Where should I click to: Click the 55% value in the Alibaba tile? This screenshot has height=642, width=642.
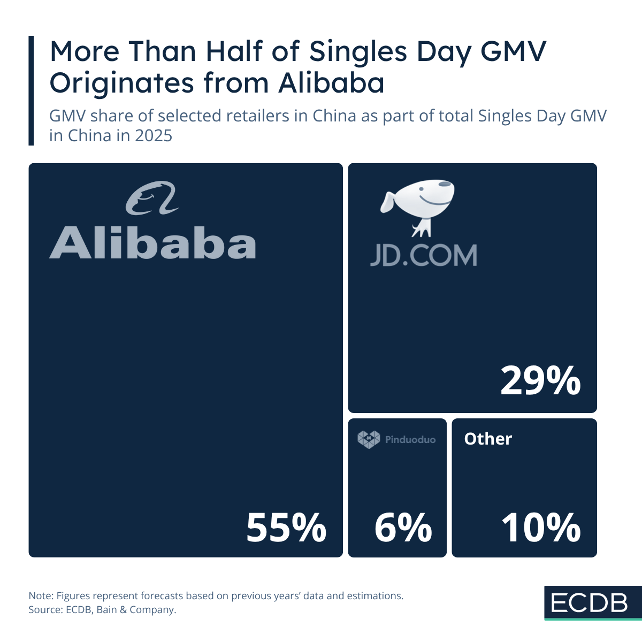(286, 528)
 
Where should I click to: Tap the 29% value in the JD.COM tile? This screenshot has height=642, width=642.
(540, 381)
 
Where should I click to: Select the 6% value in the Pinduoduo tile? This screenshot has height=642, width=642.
(403, 528)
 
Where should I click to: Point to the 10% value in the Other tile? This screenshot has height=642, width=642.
(540, 528)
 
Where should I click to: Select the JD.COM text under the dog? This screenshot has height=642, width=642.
(423, 256)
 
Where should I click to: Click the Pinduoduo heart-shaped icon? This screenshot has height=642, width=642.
(369, 439)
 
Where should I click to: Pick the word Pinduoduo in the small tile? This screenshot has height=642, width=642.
(410, 440)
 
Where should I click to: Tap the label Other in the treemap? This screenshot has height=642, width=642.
(488, 439)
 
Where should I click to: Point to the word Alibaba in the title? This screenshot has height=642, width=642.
(331, 83)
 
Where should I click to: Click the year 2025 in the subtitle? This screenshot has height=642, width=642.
(153, 136)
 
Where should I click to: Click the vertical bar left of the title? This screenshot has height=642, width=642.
(31, 90)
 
